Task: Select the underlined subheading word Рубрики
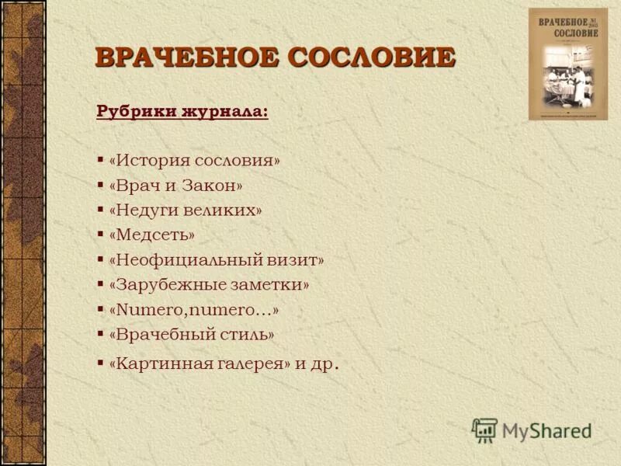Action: [134, 111]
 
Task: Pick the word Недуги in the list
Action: [147, 210]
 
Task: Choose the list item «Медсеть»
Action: [152, 235]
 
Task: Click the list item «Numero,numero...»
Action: [193, 310]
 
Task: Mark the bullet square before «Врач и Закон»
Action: [101, 186]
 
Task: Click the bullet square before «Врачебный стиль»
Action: [101, 335]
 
